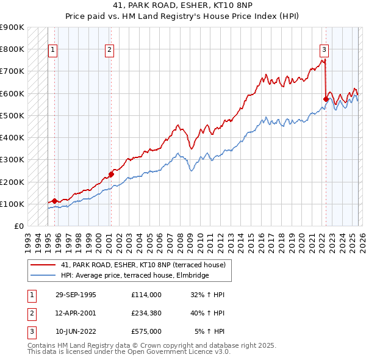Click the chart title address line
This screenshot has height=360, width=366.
coord(182,5)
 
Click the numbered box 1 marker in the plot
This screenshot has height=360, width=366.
coord(52,51)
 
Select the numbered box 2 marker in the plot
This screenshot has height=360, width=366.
coord(109,51)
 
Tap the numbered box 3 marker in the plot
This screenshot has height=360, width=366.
coord(324,51)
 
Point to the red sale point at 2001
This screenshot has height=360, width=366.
coord(111,174)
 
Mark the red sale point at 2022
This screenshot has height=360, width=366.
coord(326,98)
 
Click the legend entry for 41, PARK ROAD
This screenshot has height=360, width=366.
coord(143,265)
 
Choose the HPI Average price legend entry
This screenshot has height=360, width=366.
coord(134,275)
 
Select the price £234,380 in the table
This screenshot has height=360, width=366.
coord(146,313)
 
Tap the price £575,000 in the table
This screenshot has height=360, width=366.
coord(146,331)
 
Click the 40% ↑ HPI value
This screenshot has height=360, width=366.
coord(209,313)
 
